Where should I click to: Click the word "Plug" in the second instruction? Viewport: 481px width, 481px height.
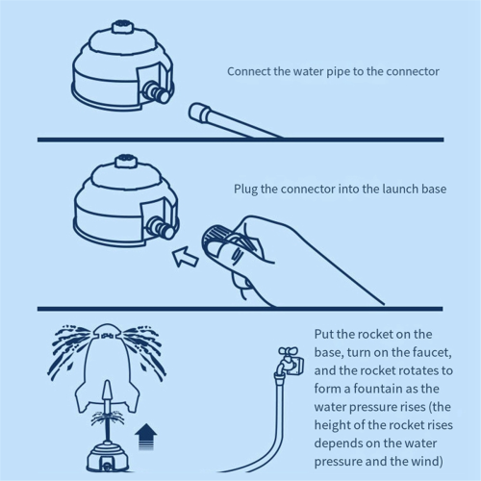point(245,190)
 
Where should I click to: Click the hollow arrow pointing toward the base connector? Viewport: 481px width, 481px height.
point(185,256)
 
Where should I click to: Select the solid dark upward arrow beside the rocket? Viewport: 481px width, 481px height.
point(146,437)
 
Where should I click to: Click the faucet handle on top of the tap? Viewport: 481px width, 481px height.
point(288,351)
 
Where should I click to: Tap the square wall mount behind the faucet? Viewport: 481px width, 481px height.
point(298,366)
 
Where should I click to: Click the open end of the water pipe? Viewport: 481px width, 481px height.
point(196,112)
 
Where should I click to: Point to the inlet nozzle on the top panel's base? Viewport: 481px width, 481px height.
point(156,91)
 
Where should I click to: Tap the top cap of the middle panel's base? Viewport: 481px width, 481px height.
point(126,161)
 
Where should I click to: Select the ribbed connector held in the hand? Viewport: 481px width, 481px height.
point(215,238)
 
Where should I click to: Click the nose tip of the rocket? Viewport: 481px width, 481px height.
point(107,326)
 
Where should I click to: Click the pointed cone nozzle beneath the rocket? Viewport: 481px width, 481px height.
point(108,391)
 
